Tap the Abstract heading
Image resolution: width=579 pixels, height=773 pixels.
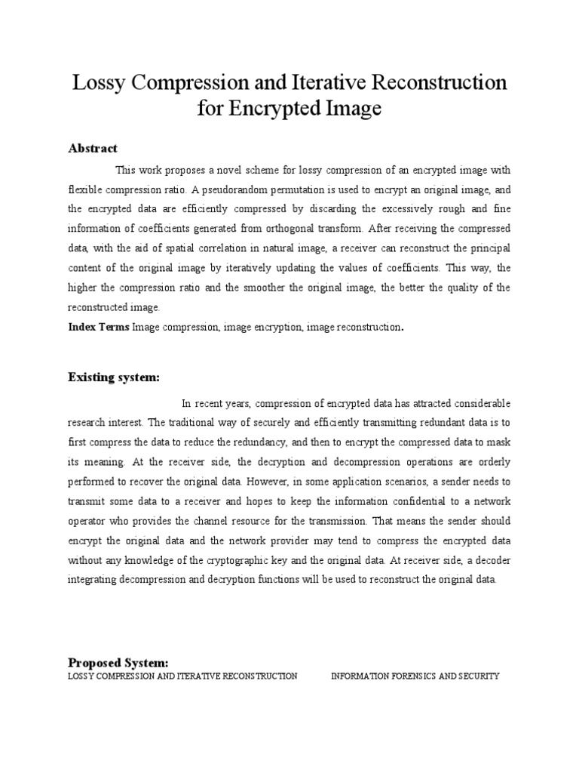93,148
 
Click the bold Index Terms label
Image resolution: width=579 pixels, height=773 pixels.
99,327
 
